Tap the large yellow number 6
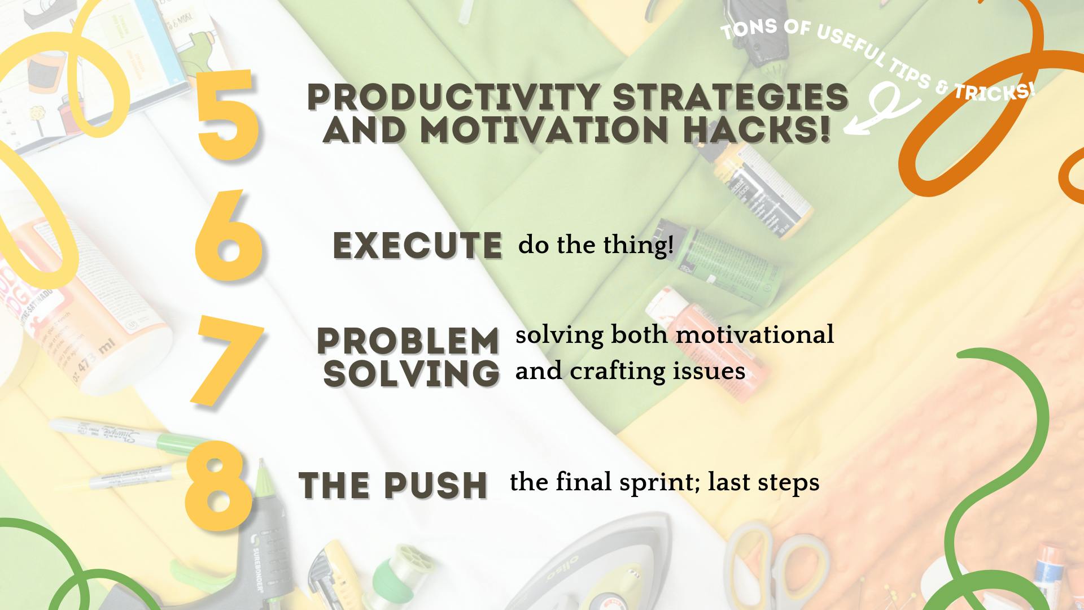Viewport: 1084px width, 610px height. click(228, 235)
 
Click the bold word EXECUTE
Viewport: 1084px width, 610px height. click(417, 245)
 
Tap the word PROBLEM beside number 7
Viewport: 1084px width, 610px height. click(408, 341)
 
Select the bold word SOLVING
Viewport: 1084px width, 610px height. click(412, 373)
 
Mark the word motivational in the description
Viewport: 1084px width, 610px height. click(755, 334)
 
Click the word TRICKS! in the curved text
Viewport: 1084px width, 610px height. click(996, 91)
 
